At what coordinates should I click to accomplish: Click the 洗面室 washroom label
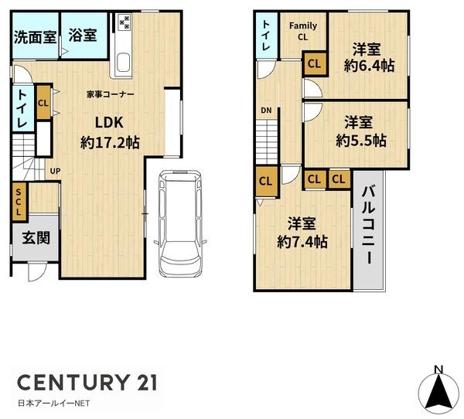point(36,37)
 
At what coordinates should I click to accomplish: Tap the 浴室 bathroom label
point(83,35)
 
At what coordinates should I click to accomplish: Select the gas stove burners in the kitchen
point(125,22)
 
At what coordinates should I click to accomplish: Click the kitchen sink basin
point(124,63)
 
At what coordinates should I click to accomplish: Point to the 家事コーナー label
point(111,94)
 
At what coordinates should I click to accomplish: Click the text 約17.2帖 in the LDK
point(110,143)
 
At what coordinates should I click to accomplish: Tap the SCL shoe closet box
point(19,203)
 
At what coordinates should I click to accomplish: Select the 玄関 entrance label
point(36,237)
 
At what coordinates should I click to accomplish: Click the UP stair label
point(55,171)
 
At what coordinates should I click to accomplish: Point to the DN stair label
point(266,111)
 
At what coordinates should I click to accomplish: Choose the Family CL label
point(303,32)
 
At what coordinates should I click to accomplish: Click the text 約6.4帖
point(369,66)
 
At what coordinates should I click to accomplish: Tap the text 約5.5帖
point(361,140)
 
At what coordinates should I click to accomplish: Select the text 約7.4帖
point(302,242)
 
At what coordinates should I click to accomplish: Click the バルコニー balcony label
point(369,225)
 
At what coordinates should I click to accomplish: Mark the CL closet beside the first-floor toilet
point(43,102)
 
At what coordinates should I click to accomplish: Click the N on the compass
point(438,370)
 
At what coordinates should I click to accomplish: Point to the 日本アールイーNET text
point(54,403)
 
